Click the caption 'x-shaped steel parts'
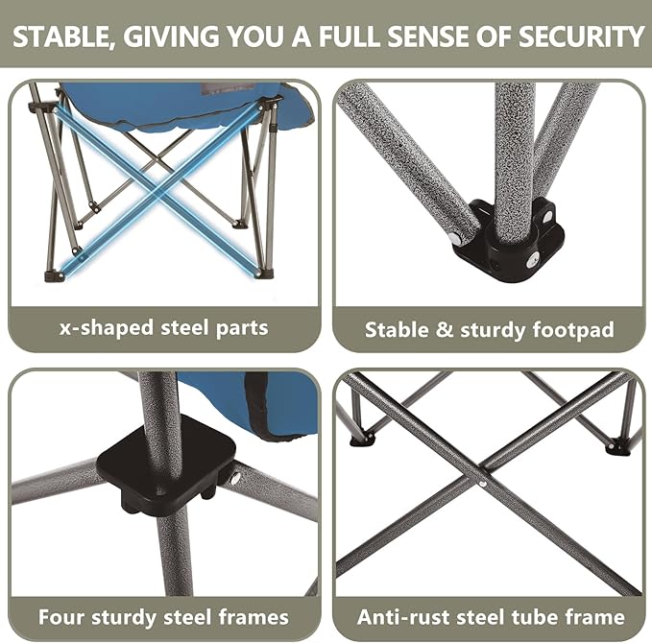click(x=162, y=327)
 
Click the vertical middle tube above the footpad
click(x=515, y=144)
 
